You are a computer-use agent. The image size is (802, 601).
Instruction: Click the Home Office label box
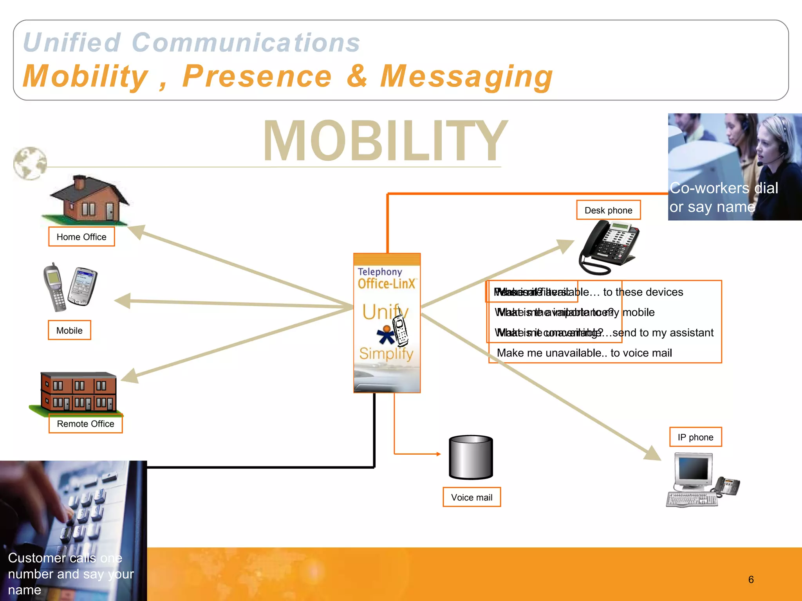pos(81,237)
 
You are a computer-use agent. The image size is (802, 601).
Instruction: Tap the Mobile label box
pos(69,330)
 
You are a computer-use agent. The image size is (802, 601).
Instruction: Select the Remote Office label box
pos(85,424)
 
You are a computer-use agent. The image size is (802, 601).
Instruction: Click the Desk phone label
pos(608,210)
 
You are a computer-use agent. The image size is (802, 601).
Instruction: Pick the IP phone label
pos(695,437)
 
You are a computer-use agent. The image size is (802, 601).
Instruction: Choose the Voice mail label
pos(471,497)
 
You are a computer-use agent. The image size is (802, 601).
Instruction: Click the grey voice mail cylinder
pos(471,457)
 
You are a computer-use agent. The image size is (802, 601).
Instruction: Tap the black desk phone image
pos(609,247)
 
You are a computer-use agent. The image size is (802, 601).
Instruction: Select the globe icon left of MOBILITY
pos(30,163)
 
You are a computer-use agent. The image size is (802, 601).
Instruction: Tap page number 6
pos(751,579)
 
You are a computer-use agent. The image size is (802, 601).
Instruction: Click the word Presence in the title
pos(257,76)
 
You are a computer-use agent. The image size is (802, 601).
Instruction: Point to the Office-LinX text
pos(386,283)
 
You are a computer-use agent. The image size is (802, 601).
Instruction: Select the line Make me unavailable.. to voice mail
pos(584,353)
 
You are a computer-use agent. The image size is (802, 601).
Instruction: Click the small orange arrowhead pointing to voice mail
pos(439,454)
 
